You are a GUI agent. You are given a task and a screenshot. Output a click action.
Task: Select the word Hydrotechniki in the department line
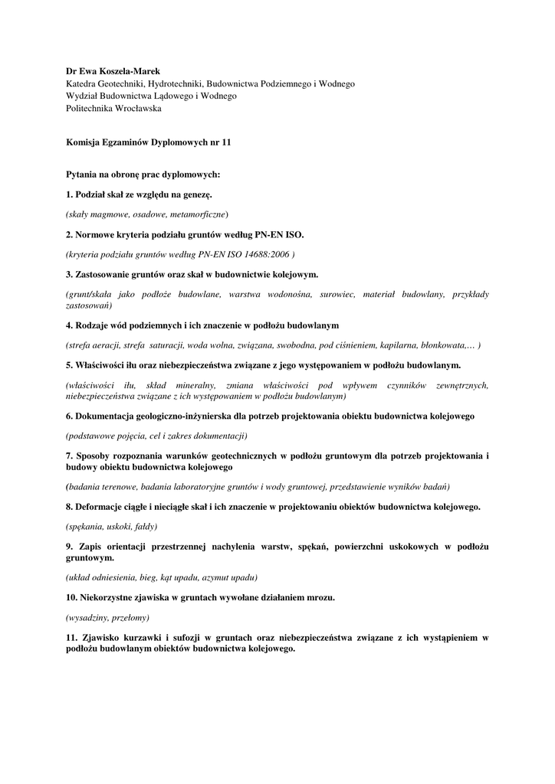pos(172,83)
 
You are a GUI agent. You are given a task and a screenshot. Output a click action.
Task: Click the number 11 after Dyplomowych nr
pos(225,142)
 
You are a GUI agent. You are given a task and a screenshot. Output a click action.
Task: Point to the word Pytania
pos(82,175)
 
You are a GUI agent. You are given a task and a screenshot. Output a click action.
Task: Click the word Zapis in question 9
pos(90,547)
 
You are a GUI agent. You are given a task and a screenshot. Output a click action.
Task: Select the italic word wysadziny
pos(90,617)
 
